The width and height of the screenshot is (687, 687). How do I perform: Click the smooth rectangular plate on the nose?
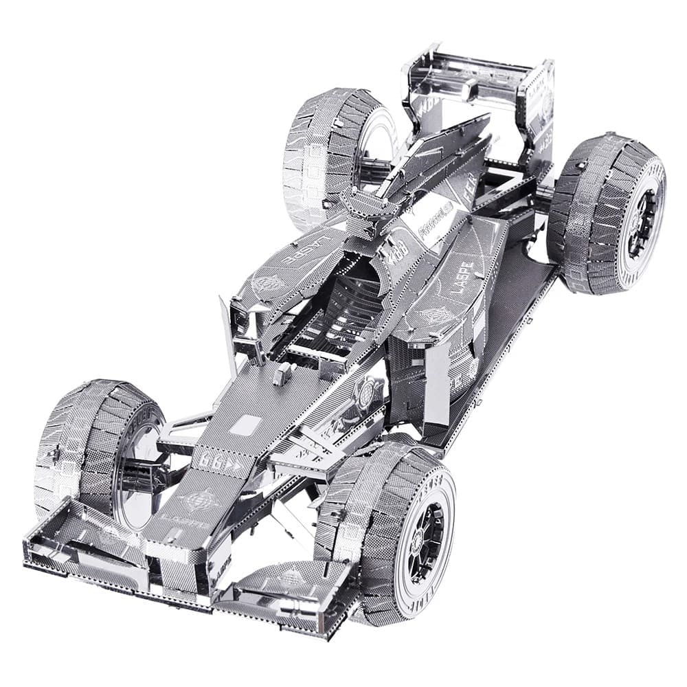click(246, 425)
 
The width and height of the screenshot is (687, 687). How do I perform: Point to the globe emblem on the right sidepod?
click(438, 315)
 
